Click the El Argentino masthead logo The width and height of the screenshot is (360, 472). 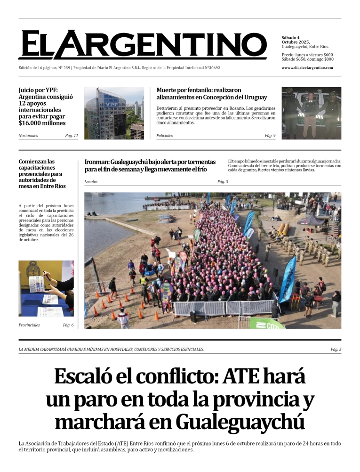click(x=142, y=45)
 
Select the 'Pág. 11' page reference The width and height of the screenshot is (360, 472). click(x=72, y=136)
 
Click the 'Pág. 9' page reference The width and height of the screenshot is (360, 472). click(x=270, y=136)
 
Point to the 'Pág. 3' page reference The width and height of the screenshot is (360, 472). click(x=223, y=181)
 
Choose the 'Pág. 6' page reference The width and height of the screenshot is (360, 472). click(x=68, y=325)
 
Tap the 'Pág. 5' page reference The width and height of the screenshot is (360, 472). click(x=336, y=349)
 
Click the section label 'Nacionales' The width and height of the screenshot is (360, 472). click(x=28, y=136)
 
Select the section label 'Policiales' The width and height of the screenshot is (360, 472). click(x=165, y=136)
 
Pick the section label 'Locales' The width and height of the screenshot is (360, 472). click(x=91, y=181)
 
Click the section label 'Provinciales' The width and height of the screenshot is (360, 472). click(x=29, y=325)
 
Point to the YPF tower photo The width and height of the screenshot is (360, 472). click(x=114, y=113)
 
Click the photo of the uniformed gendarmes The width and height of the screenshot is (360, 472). click(x=312, y=113)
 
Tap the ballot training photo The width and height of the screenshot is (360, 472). click(x=46, y=288)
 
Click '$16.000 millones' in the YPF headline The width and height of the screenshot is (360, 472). click(x=42, y=123)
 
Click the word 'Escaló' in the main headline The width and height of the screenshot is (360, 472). click(x=81, y=377)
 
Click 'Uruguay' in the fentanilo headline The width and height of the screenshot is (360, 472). click(x=254, y=98)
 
